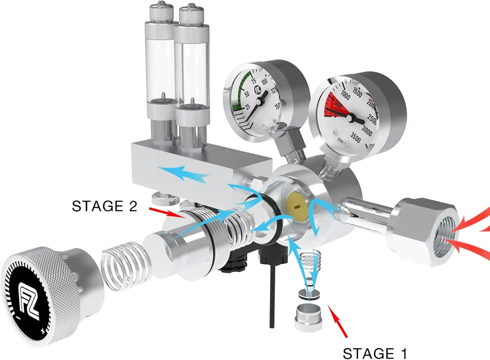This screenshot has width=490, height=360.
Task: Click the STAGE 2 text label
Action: click(104, 206)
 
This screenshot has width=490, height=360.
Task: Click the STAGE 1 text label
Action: click(375, 353)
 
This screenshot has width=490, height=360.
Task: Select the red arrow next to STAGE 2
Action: click(167, 212)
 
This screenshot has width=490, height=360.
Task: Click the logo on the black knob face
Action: click(29, 301)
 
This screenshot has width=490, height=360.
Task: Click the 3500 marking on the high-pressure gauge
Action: click(355, 137)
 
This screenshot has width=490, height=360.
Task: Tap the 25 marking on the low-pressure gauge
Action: click(248, 107)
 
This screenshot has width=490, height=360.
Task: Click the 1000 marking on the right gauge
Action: click(345, 95)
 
